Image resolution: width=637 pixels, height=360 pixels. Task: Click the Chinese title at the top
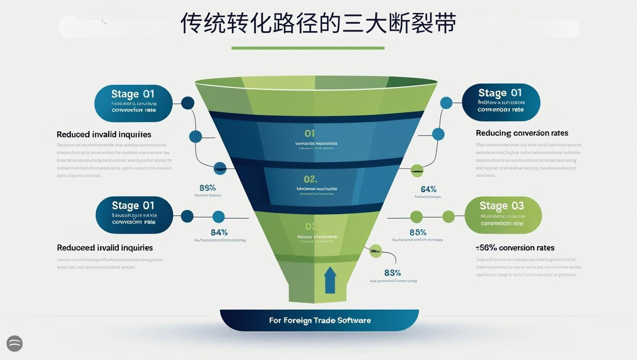318,23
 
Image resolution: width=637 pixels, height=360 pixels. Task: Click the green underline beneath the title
308,48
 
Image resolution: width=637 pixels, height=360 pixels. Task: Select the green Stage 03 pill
503,215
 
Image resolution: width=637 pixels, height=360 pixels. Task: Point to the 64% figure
428,189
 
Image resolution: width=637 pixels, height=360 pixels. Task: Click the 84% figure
219,232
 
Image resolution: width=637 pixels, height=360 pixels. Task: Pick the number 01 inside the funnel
309,134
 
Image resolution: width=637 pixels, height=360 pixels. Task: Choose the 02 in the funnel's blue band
310,179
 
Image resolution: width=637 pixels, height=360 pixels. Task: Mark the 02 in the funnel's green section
311,226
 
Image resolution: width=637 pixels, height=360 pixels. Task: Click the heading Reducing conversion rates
522,133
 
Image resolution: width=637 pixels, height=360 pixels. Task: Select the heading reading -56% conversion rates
515,248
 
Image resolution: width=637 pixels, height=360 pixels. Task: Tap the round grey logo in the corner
15,344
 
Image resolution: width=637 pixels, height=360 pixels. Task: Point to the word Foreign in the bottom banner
297,321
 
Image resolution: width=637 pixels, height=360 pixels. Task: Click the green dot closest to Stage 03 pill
449,216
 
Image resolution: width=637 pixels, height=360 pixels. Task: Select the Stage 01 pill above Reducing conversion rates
501,102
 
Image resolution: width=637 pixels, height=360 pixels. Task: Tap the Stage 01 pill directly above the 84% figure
134,215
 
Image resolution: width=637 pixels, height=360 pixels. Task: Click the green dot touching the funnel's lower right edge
375,251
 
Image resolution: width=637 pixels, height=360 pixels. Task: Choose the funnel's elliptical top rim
316,81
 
